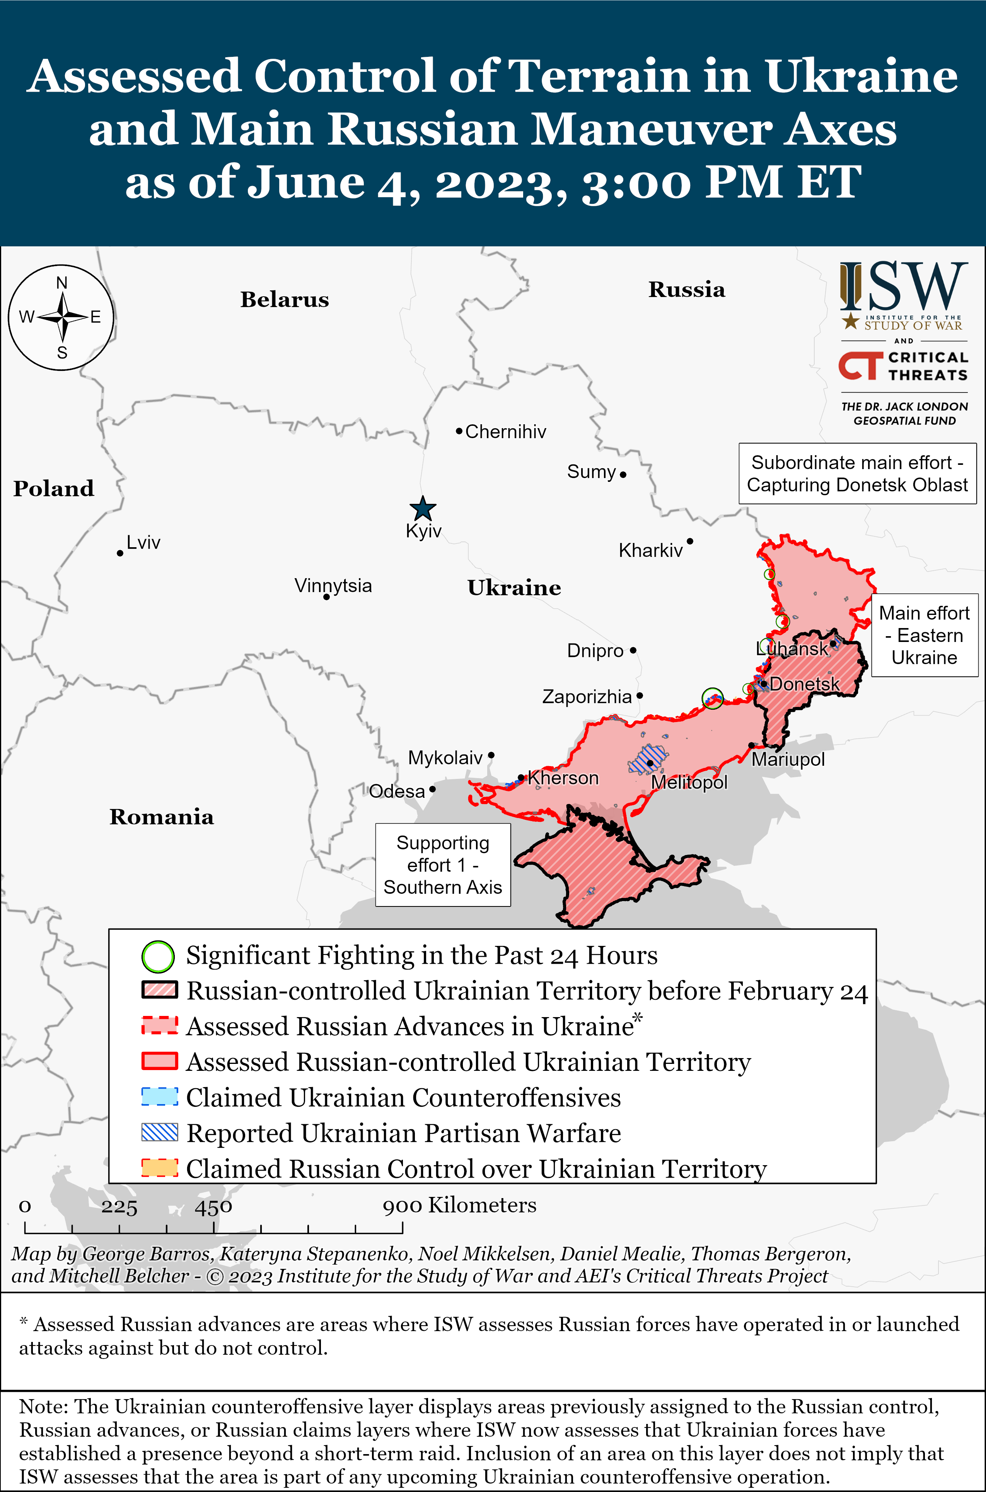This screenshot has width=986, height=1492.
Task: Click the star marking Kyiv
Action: click(x=423, y=509)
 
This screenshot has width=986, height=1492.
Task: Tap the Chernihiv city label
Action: click(x=506, y=432)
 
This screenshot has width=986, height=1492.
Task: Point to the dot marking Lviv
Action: click(x=119, y=553)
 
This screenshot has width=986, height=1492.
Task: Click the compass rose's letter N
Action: click(x=61, y=283)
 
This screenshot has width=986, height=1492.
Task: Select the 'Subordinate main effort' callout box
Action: click(x=857, y=473)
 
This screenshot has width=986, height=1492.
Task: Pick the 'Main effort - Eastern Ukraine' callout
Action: click(x=924, y=635)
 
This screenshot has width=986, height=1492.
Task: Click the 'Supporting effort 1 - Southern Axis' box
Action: click(x=443, y=864)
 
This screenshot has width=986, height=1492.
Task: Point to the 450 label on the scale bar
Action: click(x=213, y=1207)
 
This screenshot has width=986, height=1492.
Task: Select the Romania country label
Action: click(x=162, y=817)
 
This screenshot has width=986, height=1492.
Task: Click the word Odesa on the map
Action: click(x=397, y=791)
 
